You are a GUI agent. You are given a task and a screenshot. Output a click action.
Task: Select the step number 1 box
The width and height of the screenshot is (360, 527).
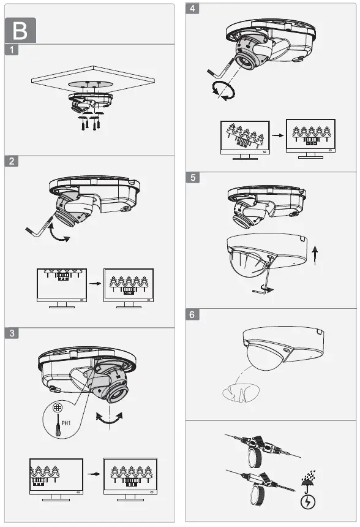click(12, 50)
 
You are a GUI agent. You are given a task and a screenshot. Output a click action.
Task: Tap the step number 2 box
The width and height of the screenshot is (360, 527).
click(12, 162)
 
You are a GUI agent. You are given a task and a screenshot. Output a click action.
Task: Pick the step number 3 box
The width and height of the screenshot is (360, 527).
click(12, 333)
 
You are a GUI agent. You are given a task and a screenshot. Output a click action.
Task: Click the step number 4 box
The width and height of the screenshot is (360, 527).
click(193, 10)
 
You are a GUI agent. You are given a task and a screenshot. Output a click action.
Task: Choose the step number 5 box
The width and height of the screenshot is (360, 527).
click(193, 178)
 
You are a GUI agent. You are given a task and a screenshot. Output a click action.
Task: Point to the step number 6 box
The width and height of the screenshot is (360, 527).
click(193, 315)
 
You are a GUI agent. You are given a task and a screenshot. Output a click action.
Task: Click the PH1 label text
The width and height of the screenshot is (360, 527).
click(67, 423)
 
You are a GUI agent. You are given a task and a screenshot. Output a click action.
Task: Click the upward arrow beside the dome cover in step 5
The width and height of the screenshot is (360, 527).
click(315, 256)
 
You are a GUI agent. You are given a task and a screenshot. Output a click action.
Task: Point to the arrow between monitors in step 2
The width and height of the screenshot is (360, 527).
click(93, 284)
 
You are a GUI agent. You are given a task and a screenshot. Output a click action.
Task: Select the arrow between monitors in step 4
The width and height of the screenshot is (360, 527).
click(277, 135)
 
